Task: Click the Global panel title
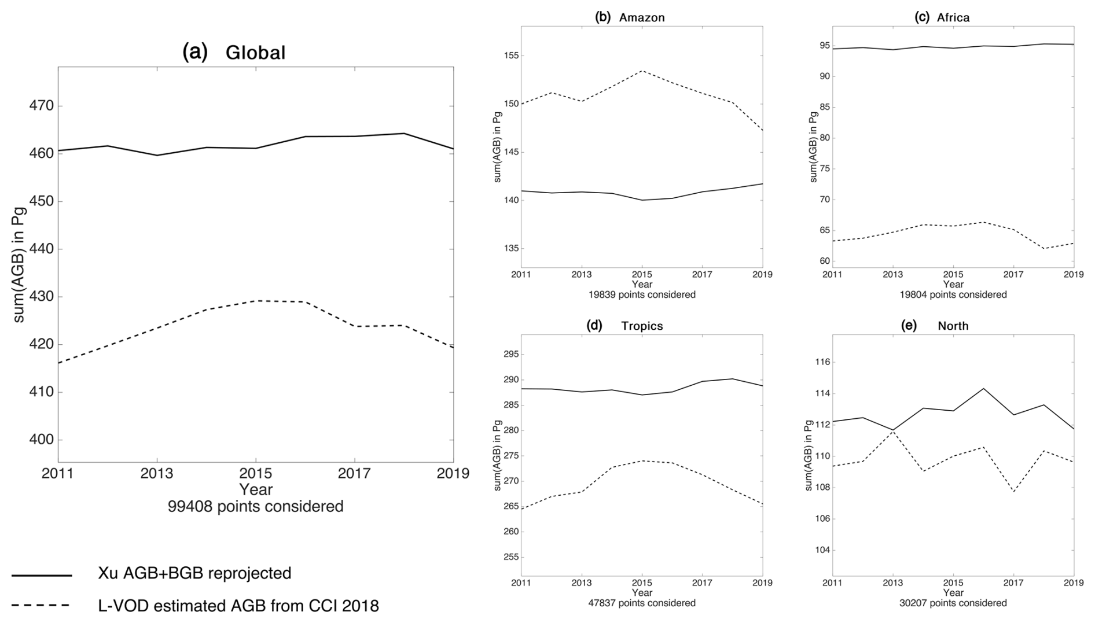(x=234, y=53)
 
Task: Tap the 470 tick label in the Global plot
(x=41, y=106)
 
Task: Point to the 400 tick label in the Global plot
(x=41, y=440)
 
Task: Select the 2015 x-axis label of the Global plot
(x=255, y=474)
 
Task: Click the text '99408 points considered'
(x=255, y=507)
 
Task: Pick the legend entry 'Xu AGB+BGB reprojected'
(x=194, y=573)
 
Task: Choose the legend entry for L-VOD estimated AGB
(x=238, y=606)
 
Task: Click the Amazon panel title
(x=630, y=17)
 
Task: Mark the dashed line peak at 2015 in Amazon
(x=642, y=71)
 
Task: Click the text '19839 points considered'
(x=642, y=294)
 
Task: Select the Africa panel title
(x=942, y=17)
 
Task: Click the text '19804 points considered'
(x=953, y=294)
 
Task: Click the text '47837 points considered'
(x=642, y=603)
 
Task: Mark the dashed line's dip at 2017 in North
(x=1013, y=492)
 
